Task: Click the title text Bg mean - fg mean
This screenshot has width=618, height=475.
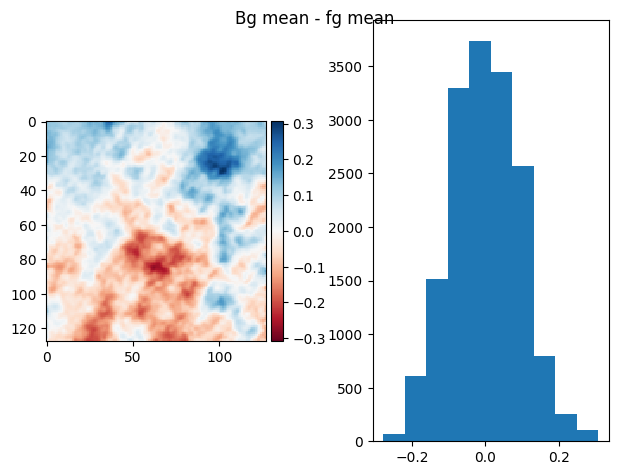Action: [x=314, y=18]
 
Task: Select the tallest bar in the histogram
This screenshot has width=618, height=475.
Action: [x=480, y=240]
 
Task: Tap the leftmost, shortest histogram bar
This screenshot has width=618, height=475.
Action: [x=394, y=437]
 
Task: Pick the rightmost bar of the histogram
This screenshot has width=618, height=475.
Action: [x=587, y=435]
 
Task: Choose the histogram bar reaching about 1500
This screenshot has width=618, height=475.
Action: [x=437, y=361]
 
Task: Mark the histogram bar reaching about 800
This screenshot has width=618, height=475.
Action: [x=544, y=398]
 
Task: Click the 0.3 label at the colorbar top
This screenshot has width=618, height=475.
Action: [x=302, y=124]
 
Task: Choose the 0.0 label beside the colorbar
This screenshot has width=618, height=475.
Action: [x=302, y=231]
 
